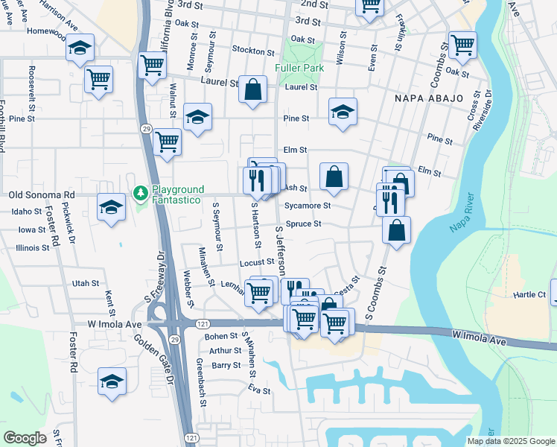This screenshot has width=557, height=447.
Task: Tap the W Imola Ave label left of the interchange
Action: (114, 324)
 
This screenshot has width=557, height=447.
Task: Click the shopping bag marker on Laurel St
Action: (253, 89)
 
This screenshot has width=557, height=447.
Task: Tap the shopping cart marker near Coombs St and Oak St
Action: (462, 45)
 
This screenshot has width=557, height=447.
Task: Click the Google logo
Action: (25, 438)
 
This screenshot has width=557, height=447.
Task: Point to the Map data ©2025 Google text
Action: (511, 441)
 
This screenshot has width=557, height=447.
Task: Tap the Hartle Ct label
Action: (529, 295)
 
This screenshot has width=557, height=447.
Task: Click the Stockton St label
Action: (253, 51)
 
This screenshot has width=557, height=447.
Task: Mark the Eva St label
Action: (259, 390)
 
